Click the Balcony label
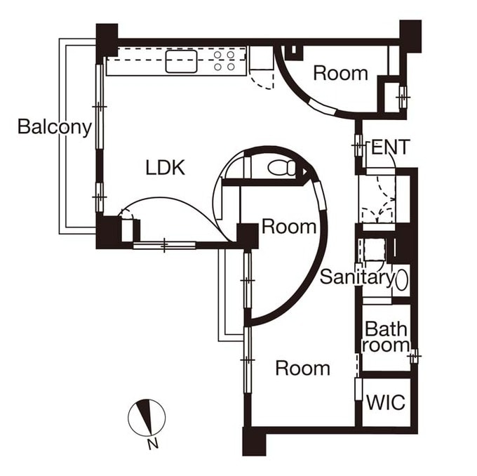click(55, 126)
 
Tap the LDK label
click(165, 168)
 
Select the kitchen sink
click(181, 61)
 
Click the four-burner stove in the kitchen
click(224, 60)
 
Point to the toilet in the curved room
click(281, 168)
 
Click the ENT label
click(390, 147)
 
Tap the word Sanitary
click(357, 277)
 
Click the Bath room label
click(386, 337)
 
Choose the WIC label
click(386, 402)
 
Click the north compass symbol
click(147, 417)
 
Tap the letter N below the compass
click(153, 444)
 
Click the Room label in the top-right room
click(340, 74)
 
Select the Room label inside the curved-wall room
click(289, 227)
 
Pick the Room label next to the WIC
click(303, 368)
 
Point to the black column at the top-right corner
click(410, 36)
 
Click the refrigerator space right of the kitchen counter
click(261, 58)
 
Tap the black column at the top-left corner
click(107, 40)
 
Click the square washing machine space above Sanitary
click(375, 249)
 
